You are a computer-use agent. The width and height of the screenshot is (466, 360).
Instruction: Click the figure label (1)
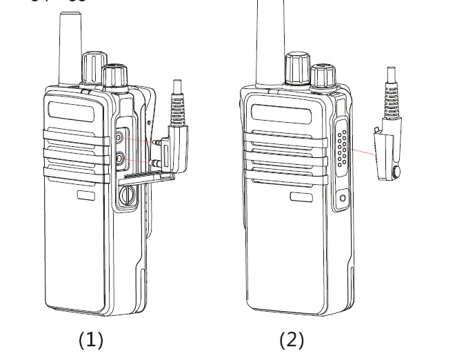(90, 339)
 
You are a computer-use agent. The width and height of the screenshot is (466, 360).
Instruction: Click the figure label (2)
(291, 339)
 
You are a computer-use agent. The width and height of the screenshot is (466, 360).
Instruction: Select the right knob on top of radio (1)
(114, 76)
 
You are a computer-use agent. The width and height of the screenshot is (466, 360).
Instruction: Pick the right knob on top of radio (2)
(322, 76)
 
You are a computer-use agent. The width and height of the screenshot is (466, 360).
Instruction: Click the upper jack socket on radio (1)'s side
(121, 137)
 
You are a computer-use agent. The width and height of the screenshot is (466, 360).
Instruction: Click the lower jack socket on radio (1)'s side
(121, 159)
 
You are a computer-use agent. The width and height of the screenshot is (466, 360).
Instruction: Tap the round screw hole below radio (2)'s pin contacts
(343, 199)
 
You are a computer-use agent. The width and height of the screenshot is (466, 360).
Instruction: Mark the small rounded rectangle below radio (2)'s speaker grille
(301, 197)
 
